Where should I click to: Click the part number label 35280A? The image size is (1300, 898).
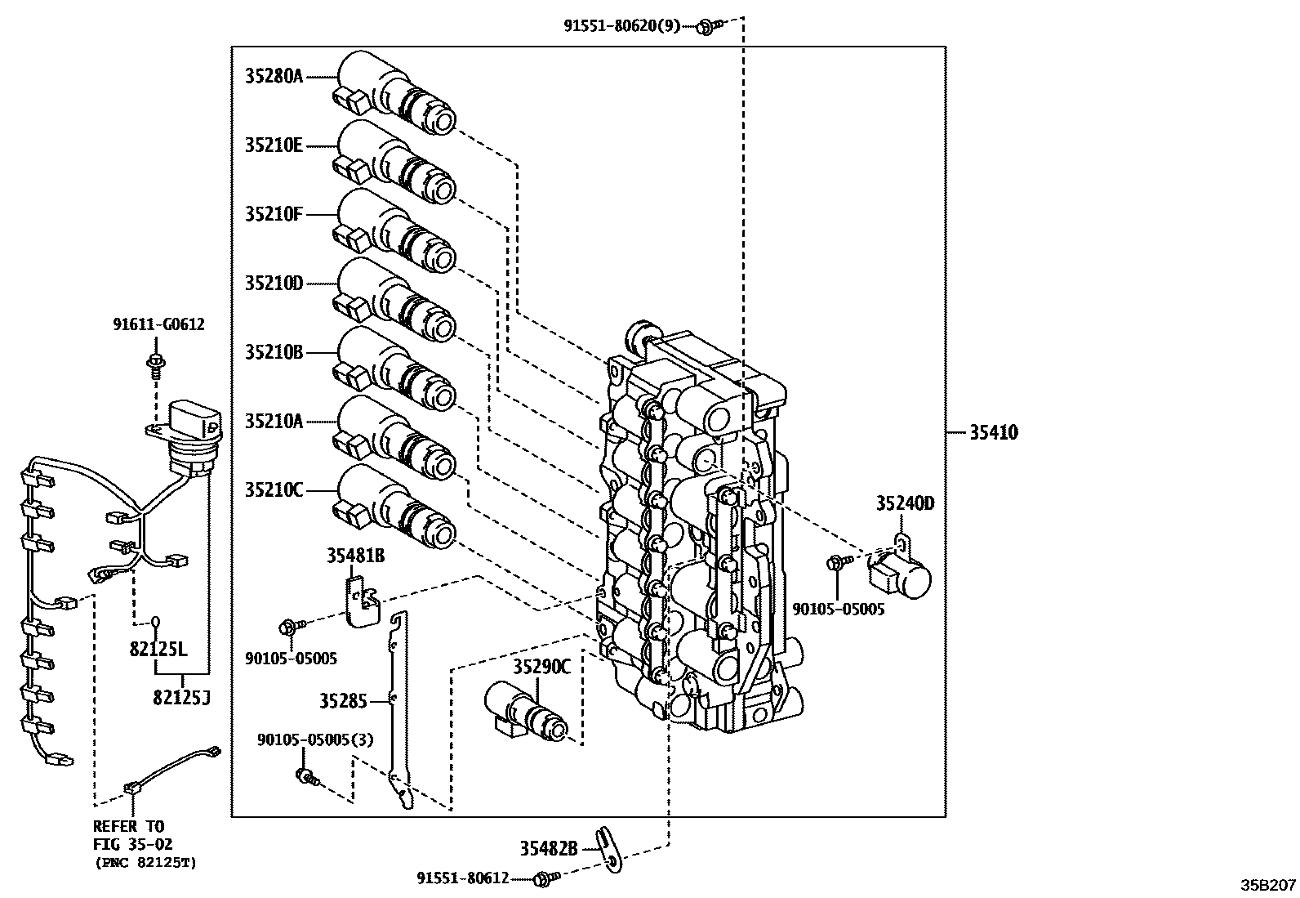coord(274,77)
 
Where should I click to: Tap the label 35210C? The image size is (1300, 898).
coord(274,491)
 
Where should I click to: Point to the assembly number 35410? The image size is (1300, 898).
coord(994,433)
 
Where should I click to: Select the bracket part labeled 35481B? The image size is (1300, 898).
coord(360,601)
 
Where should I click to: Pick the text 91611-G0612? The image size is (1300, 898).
coord(158,325)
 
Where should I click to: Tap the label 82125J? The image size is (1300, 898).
coord(180,697)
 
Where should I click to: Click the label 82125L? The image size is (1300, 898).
coord(158,650)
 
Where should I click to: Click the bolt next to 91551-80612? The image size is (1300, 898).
coord(543,879)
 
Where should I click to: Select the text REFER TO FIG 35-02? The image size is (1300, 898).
coord(133,836)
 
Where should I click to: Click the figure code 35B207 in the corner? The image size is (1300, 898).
coord(1268,885)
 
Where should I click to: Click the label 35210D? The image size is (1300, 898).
coord(274,284)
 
